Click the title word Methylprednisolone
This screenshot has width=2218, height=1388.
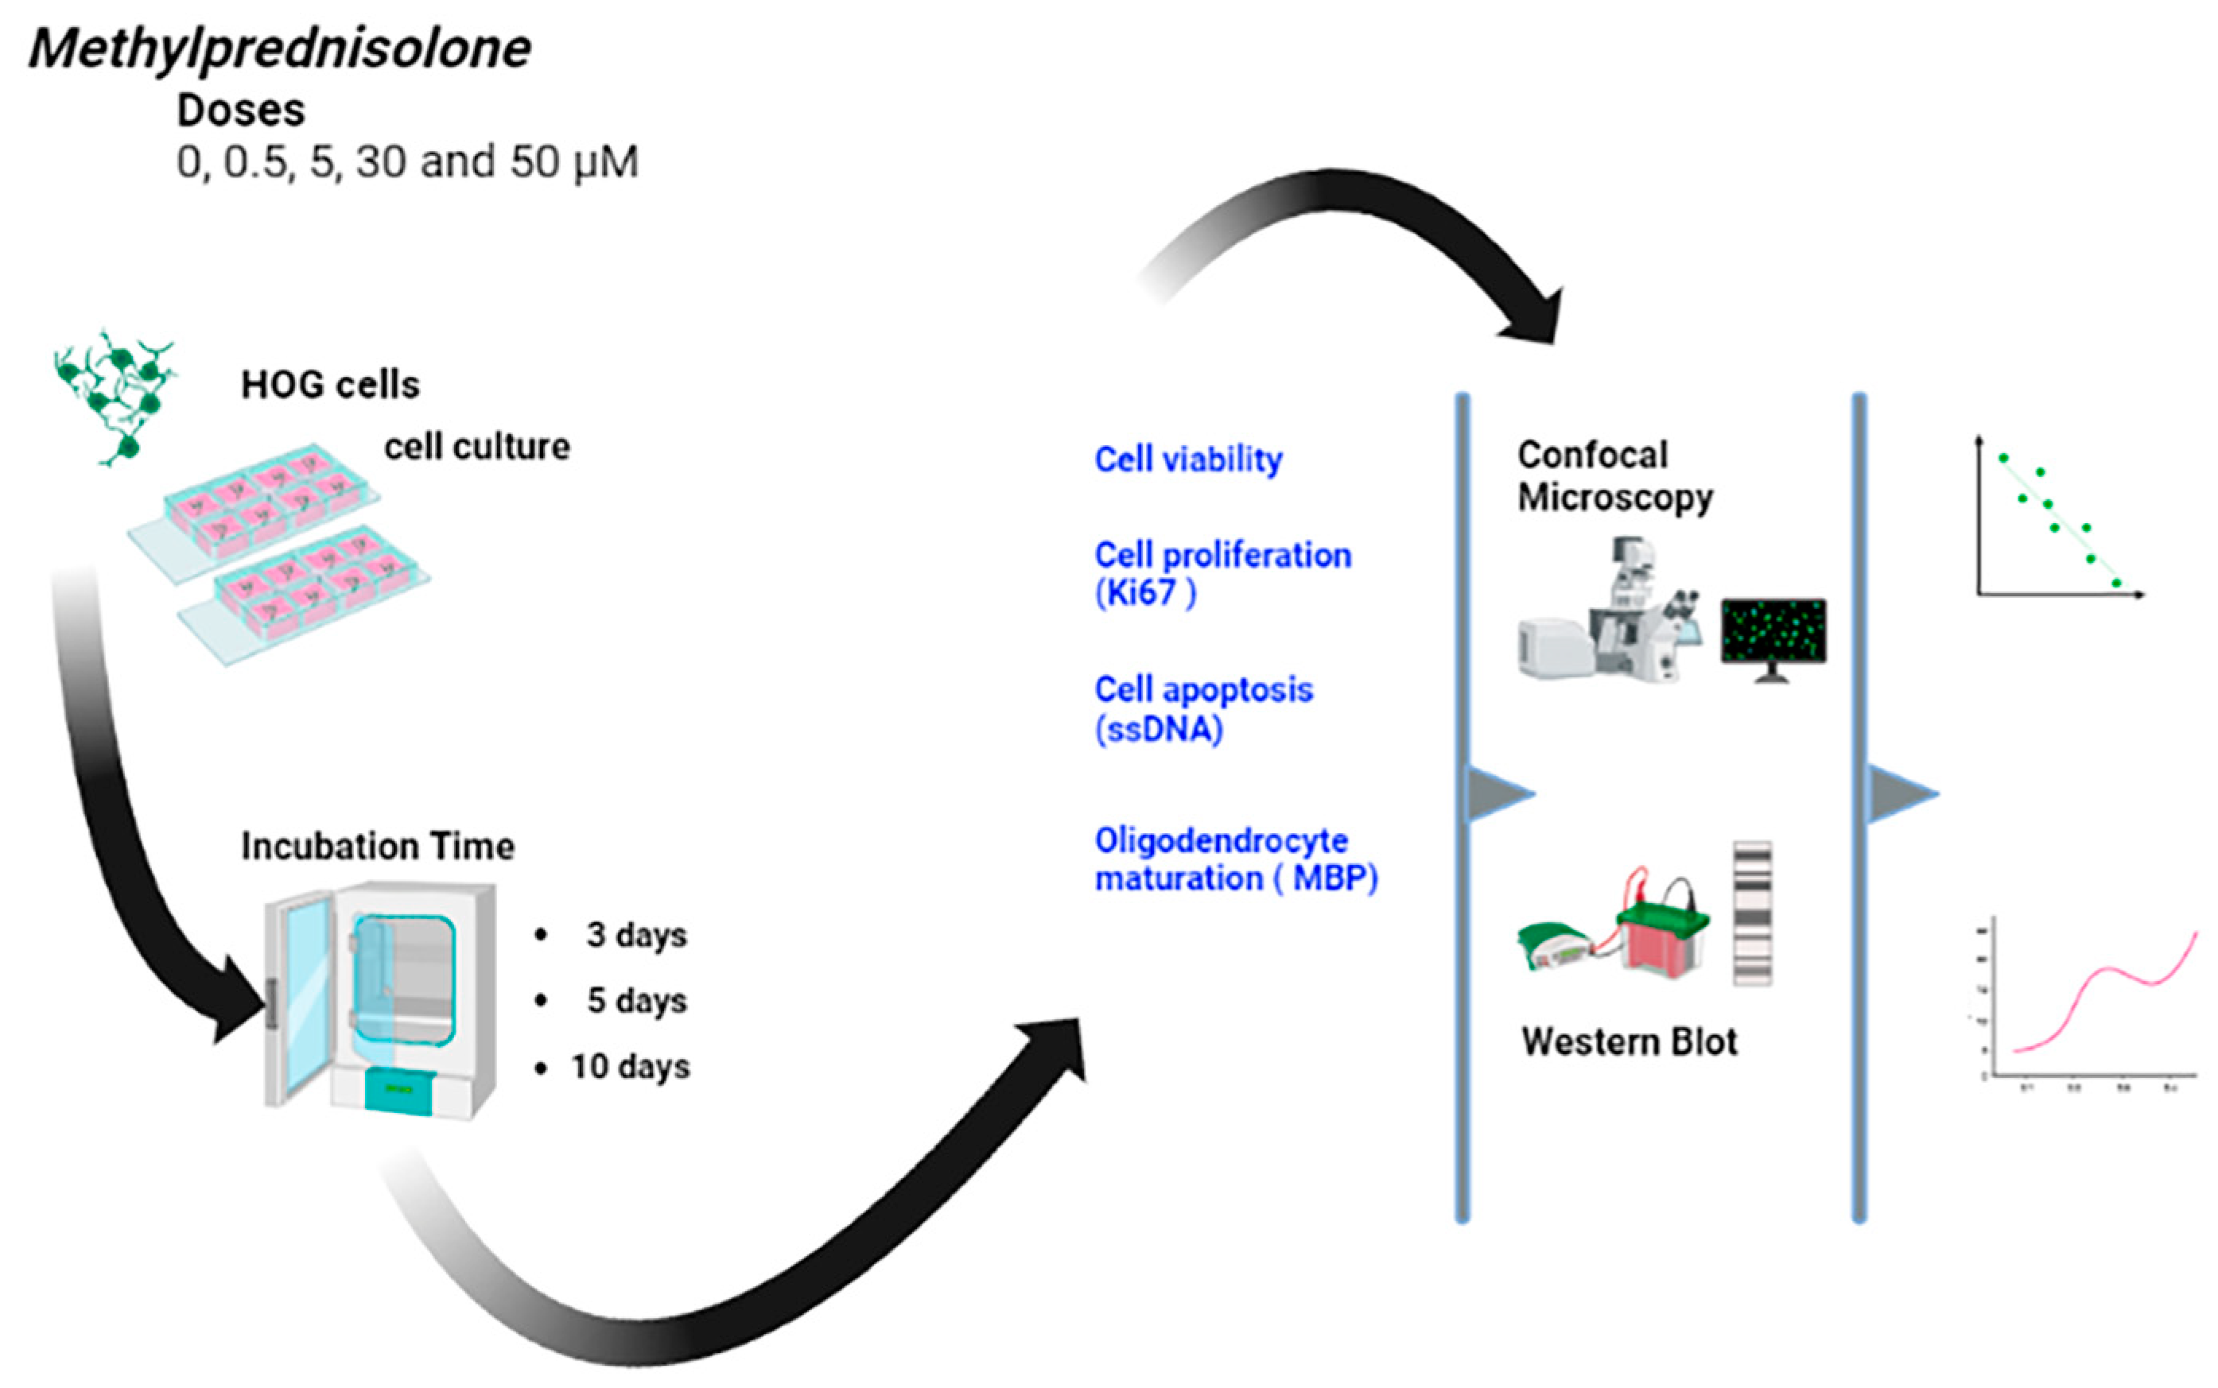tap(280, 48)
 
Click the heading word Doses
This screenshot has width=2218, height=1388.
tap(240, 111)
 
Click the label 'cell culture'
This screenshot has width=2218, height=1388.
tap(476, 447)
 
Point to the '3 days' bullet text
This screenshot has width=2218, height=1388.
tap(636, 935)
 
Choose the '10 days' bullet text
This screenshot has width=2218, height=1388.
tap(630, 1067)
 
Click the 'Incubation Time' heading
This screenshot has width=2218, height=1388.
tap(377, 847)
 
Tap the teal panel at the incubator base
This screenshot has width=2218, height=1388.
tap(400, 1091)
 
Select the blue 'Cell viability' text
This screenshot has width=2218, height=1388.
tap(1188, 459)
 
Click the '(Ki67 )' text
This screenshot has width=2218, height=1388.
tap(1145, 593)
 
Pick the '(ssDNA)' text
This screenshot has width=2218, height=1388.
tap(1159, 730)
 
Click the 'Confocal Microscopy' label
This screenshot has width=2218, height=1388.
tap(1613, 475)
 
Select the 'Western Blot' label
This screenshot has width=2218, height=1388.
tap(1629, 1042)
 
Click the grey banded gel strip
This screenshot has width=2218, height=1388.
tap(1752, 913)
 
